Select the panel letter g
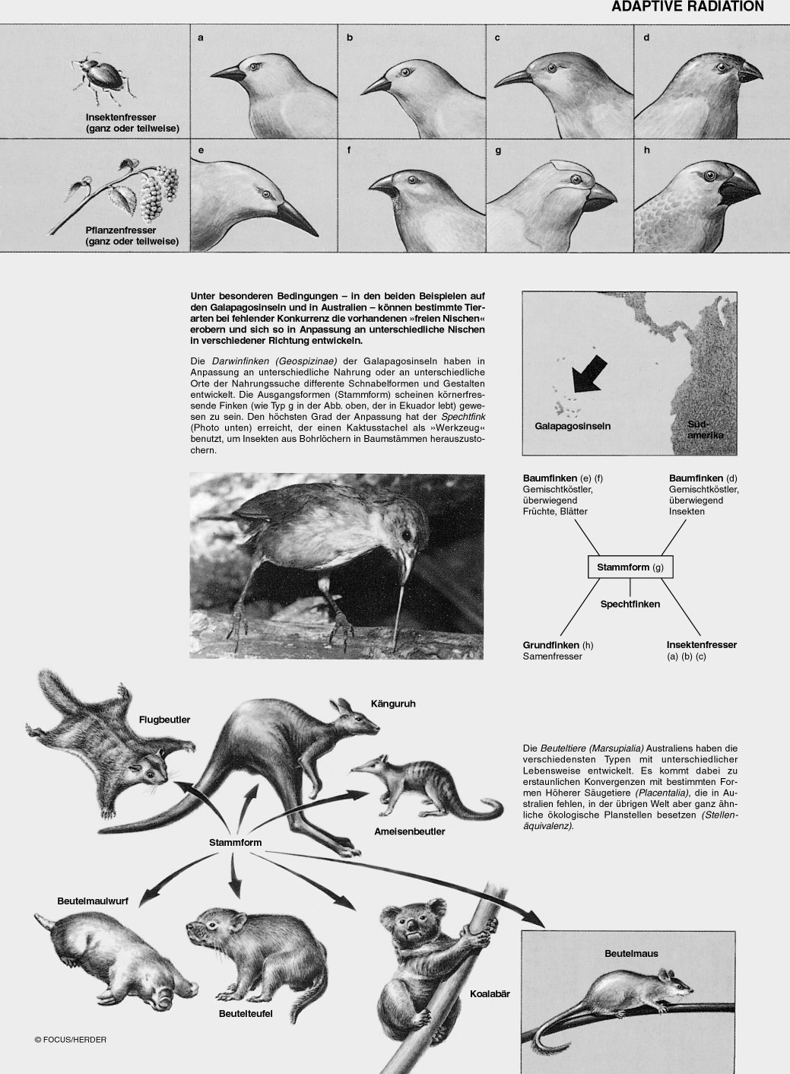(x=498, y=150)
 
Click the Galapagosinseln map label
(x=572, y=426)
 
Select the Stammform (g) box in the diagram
(x=630, y=567)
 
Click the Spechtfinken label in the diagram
(x=630, y=604)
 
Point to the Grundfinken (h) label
(x=558, y=645)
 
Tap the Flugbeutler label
(x=164, y=720)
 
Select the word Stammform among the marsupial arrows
(x=236, y=843)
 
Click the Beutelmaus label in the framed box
(x=631, y=953)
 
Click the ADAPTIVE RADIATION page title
(x=687, y=7)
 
